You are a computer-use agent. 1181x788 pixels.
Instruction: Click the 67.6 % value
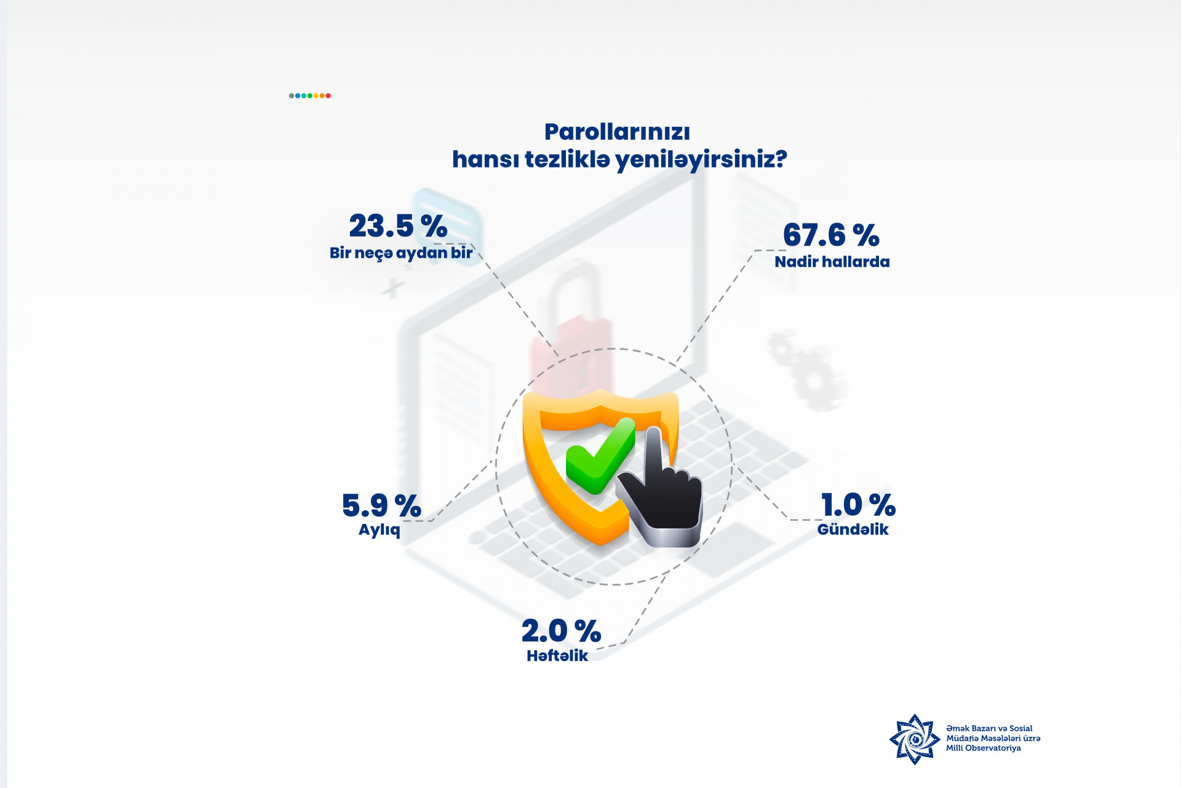click(831, 235)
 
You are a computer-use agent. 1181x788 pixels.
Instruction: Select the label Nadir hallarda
click(832, 262)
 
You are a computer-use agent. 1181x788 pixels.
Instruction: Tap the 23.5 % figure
click(398, 225)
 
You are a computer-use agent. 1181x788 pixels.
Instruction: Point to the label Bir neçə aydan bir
click(401, 253)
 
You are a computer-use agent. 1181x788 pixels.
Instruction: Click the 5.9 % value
click(381, 505)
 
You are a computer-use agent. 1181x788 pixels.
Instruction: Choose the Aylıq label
click(380, 530)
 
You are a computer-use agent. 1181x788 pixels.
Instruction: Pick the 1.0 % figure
click(858, 505)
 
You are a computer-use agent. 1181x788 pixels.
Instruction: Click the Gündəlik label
click(853, 529)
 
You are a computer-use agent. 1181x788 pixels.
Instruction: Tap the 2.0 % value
click(561, 631)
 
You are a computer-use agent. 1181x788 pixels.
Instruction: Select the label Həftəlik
click(557, 656)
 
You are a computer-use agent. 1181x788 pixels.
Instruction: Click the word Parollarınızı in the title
click(617, 132)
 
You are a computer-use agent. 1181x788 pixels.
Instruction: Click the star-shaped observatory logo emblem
click(915, 739)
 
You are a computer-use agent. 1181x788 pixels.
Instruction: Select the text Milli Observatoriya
click(983, 748)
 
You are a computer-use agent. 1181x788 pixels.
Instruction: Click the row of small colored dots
click(310, 95)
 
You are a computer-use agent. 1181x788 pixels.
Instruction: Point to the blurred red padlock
click(571, 320)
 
